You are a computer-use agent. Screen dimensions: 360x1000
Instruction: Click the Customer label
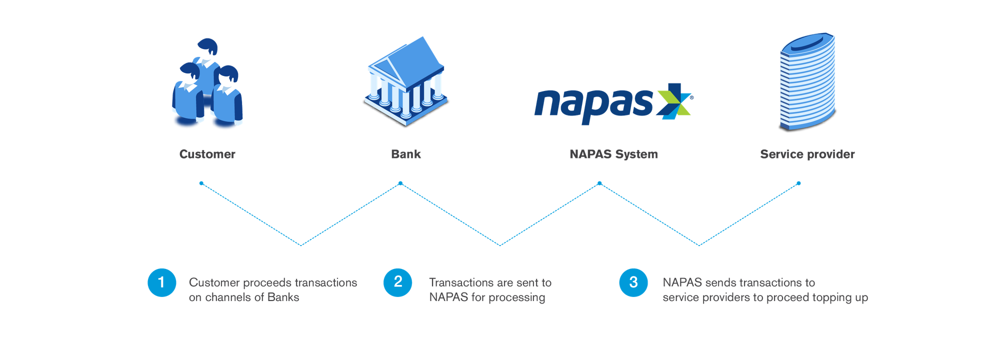(207, 154)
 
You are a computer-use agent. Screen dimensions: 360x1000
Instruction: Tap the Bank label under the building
(405, 154)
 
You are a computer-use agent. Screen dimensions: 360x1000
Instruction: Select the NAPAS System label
(613, 154)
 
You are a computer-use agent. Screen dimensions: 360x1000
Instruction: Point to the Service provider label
(807, 154)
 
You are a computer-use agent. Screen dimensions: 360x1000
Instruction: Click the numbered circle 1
(161, 282)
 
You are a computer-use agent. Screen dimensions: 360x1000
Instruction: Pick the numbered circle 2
(398, 282)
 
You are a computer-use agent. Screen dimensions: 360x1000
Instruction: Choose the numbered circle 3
(633, 282)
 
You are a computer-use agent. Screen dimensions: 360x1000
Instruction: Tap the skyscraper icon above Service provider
(806, 82)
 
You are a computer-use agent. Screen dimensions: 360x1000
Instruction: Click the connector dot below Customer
(201, 183)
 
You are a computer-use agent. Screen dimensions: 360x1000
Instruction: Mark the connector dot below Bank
(400, 183)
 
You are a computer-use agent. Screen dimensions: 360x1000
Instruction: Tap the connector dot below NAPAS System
(599, 183)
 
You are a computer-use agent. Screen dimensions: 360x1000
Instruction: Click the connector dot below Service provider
(798, 183)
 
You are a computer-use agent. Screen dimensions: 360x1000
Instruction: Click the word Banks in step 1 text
(283, 297)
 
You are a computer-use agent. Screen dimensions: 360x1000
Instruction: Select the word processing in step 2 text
(517, 297)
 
